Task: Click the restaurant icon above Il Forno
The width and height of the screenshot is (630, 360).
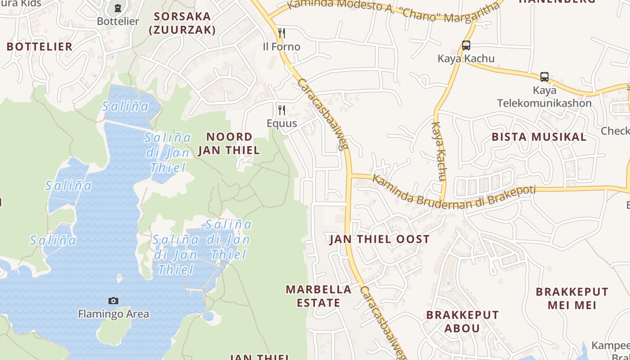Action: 282,33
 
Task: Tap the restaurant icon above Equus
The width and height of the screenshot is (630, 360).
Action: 282,110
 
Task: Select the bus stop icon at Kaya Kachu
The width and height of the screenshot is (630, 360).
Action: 466,45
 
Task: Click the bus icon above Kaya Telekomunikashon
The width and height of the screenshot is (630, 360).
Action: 544,76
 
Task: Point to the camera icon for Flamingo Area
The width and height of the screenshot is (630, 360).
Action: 113,301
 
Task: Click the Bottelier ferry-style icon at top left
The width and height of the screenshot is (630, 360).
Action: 118,8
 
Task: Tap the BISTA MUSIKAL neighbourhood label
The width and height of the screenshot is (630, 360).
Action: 539,137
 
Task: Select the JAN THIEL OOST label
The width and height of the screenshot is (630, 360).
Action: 380,239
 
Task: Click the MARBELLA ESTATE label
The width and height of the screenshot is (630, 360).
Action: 319,296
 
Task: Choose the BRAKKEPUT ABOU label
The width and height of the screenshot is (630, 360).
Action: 463,321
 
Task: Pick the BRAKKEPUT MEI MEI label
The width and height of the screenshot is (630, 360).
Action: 572,298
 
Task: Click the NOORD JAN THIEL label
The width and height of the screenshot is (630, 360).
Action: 229,144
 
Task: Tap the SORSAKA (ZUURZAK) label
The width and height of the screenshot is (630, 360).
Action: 182,23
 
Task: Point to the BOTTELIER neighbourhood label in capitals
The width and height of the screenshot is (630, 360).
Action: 40,46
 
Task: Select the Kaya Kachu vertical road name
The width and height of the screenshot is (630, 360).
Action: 439,151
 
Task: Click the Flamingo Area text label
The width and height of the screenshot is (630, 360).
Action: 113,314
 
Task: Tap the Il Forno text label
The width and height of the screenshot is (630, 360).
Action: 282,46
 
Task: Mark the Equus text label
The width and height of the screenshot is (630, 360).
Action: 282,123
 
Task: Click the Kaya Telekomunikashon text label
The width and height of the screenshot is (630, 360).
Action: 544,97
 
